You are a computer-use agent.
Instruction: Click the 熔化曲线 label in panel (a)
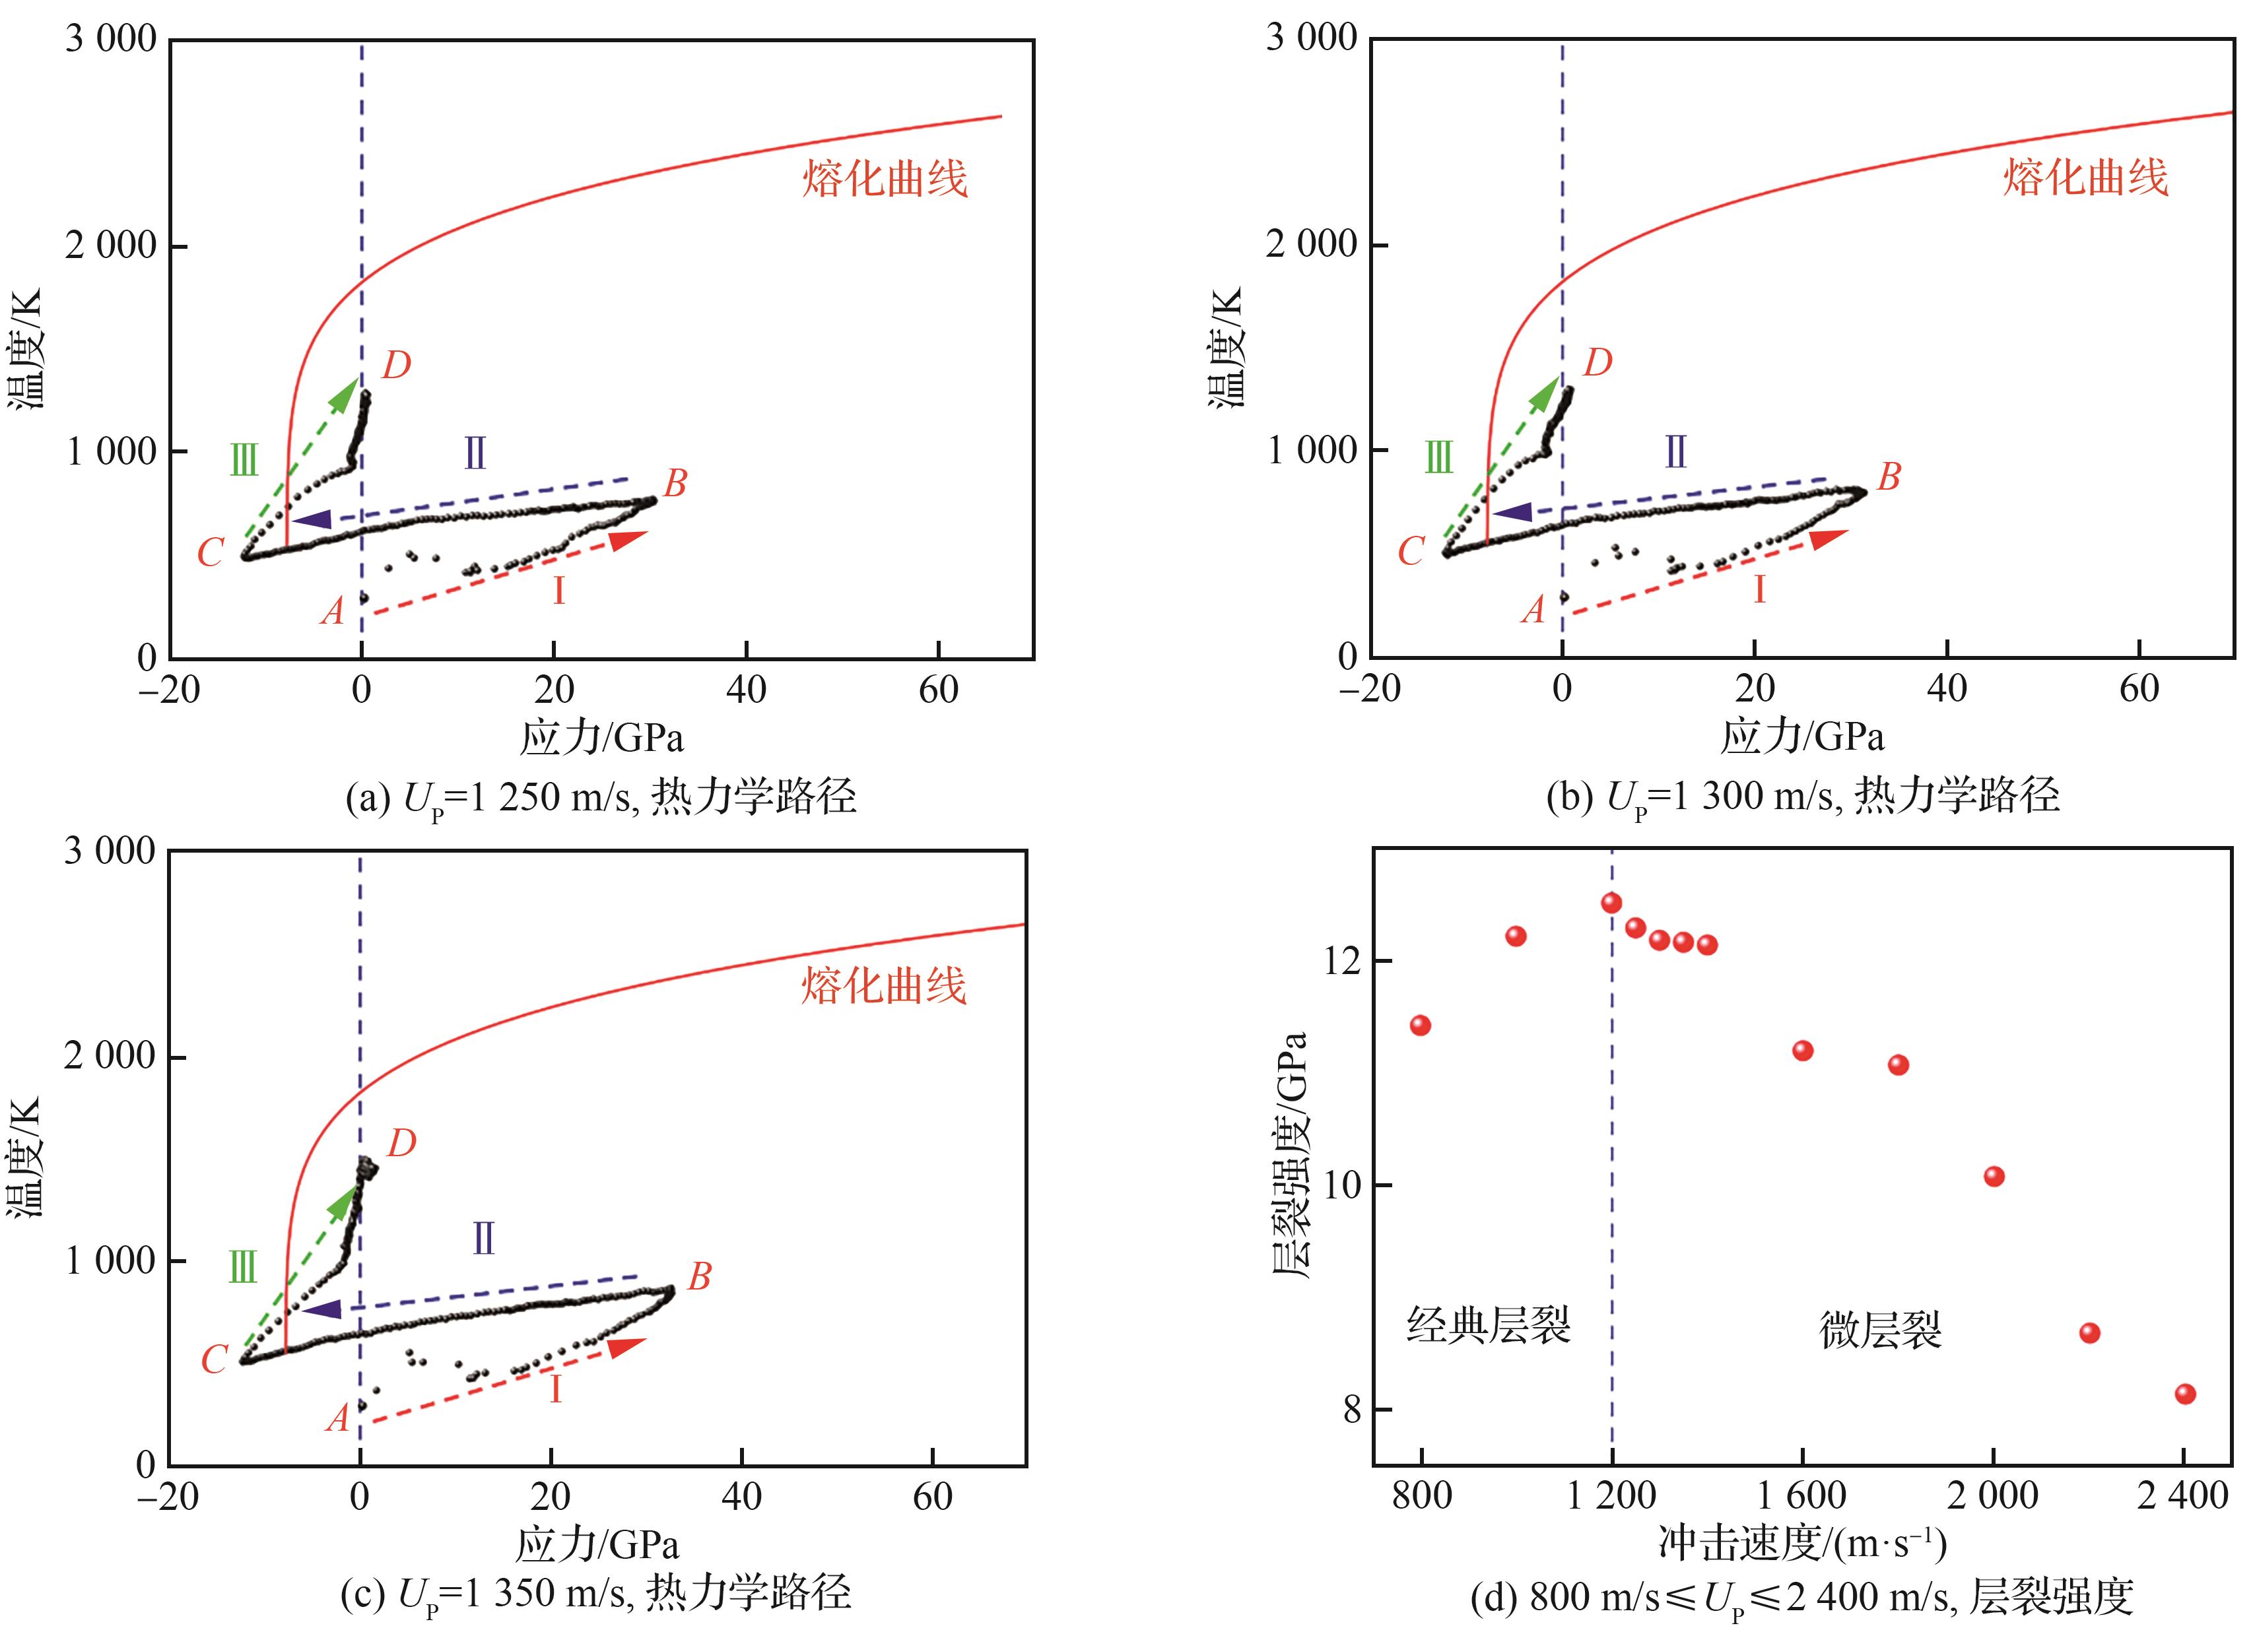pyautogui.click(x=884, y=180)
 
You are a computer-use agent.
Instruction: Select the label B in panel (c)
pyautogui.click(x=699, y=1276)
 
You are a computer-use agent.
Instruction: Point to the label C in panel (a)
pyautogui.click(x=210, y=553)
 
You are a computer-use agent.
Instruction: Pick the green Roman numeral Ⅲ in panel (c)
pyautogui.click(x=242, y=1268)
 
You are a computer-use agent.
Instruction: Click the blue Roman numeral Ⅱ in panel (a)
pyautogui.click(x=475, y=454)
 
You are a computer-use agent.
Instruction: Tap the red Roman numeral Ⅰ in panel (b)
pyautogui.click(x=1759, y=590)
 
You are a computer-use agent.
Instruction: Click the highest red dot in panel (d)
pyautogui.click(x=1611, y=903)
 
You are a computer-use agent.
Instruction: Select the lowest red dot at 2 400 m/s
pyautogui.click(x=2184, y=1394)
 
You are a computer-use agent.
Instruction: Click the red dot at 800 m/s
pyautogui.click(x=1421, y=1025)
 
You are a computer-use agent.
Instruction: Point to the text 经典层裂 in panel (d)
pyautogui.click(x=1487, y=1326)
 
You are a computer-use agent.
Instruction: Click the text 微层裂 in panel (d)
pyautogui.click(x=1879, y=1330)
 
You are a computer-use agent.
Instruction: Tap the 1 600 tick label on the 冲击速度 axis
pyautogui.click(x=1802, y=1496)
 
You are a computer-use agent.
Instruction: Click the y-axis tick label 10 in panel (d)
pyautogui.click(x=1344, y=1185)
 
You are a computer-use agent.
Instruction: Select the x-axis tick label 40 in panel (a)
pyautogui.click(x=746, y=690)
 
